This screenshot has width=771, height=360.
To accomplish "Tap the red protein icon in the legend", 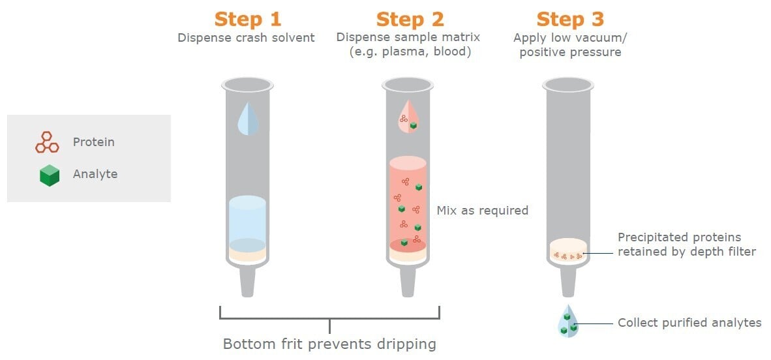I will click(x=47, y=142).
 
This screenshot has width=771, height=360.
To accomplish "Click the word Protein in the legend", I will click(x=93, y=142).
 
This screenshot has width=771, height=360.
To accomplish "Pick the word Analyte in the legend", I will click(x=95, y=174).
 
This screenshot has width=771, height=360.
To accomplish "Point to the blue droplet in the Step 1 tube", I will click(x=247, y=119).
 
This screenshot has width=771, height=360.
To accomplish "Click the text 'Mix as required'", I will click(x=482, y=211).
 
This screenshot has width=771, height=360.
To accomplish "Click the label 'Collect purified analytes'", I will click(x=689, y=323).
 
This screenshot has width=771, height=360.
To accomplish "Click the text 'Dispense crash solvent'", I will click(x=246, y=38).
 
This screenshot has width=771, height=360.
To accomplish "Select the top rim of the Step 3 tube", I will click(x=568, y=84).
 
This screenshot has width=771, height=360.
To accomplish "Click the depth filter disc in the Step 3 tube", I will click(x=568, y=250).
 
